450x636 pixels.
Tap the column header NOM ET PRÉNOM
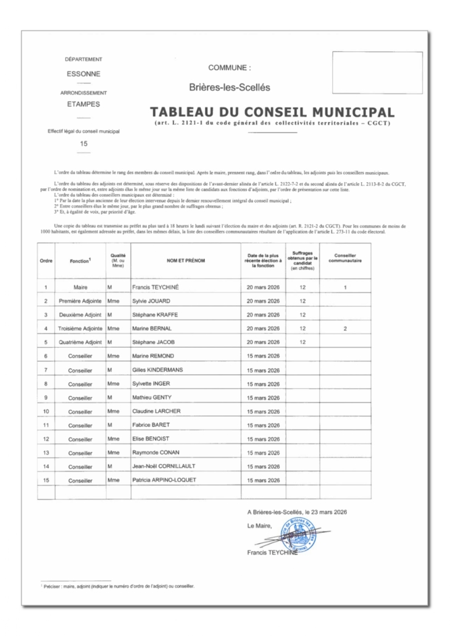185,261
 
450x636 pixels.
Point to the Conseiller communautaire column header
345,261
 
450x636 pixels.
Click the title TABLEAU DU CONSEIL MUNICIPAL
272,114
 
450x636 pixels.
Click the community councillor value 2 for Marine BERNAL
345,328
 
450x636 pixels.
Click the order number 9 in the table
46,397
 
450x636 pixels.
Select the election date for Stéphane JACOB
263,342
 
